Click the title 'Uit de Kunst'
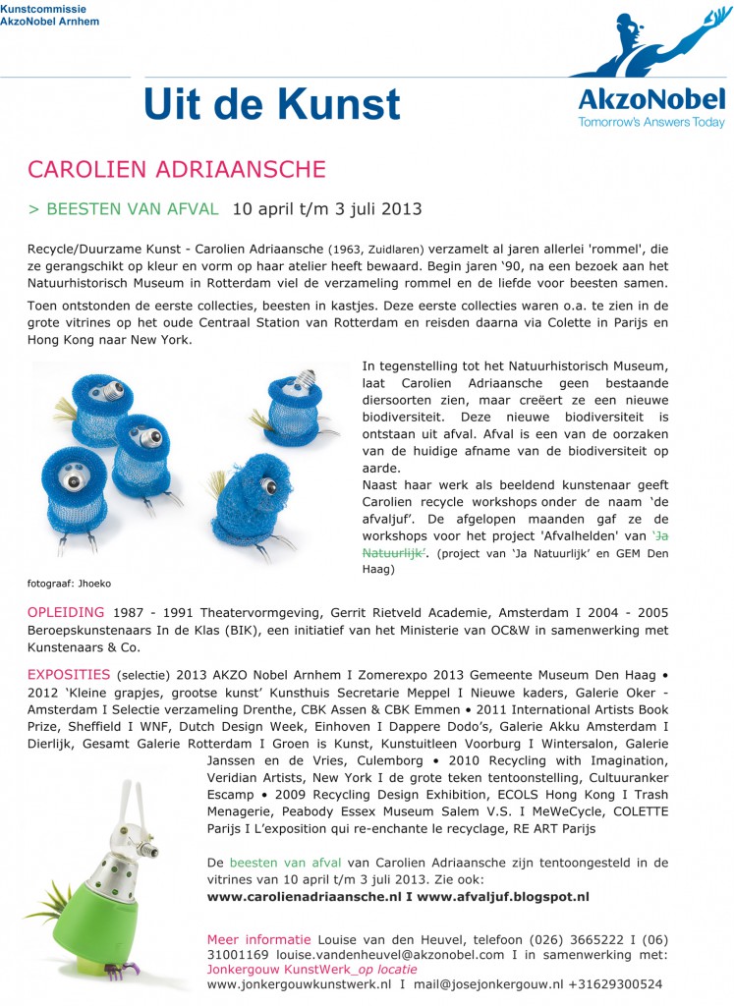pyautogui.click(x=272, y=105)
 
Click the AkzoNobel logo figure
pyautogui.click(x=649, y=44)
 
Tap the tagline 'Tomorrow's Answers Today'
pyautogui.click(x=650, y=123)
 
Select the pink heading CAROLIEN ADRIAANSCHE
pyautogui.click(x=177, y=169)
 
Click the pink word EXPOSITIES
pyautogui.click(x=69, y=675)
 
